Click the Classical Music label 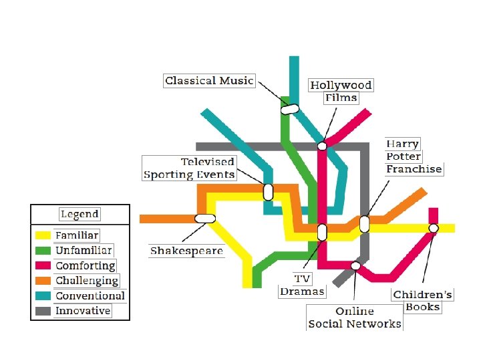point(209,81)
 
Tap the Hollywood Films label point(341,92)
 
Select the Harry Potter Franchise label point(414,156)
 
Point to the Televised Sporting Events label point(189,168)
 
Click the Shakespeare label point(186,251)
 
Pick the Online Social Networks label point(355,318)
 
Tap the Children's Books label point(423,300)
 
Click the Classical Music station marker point(289,108)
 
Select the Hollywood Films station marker point(322,146)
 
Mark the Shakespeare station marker point(204,218)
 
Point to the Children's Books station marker point(433,228)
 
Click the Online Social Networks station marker point(355,265)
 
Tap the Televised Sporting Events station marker point(268,192)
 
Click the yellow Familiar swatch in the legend point(43,235)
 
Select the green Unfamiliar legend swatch point(43,251)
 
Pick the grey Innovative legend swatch point(43,311)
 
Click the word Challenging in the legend point(87,281)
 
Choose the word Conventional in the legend point(90,295)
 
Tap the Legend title point(79,215)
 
